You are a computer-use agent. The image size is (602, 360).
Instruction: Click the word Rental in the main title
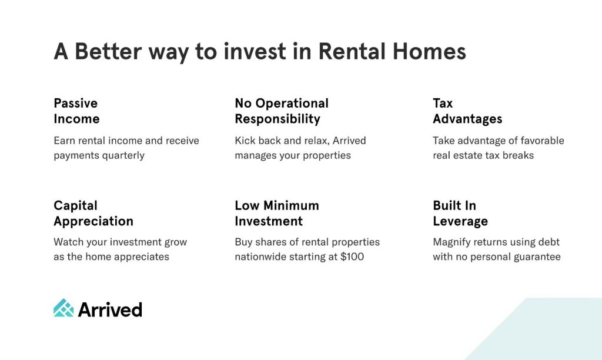(352, 52)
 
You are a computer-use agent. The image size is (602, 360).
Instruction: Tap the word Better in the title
(108, 52)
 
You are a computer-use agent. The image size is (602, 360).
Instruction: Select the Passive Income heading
(76, 111)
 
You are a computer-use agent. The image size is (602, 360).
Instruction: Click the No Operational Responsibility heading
(282, 111)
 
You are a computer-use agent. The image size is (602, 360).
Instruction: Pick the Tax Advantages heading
(467, 111)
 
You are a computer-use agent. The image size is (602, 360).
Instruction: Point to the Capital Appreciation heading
(93, 213)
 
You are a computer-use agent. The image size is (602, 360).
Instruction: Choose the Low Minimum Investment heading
(277, 213)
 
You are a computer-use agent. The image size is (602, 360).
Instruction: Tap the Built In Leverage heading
(460, 213)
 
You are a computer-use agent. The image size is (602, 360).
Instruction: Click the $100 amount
(352, 256)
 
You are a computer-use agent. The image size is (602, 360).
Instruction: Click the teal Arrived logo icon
(63, 308)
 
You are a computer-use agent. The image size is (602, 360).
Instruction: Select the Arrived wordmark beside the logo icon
(110, 309)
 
